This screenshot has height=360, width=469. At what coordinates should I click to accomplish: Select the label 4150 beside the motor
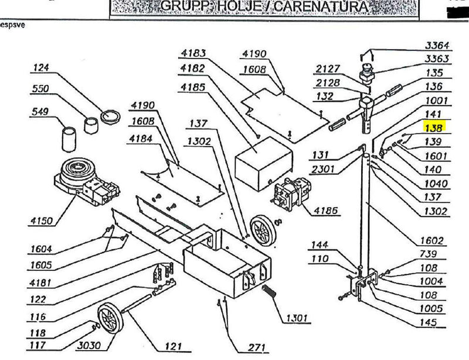pyautogui.click(x=40, y=221)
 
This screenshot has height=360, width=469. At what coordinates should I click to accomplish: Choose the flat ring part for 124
pyautogui.click(x=110, y=116)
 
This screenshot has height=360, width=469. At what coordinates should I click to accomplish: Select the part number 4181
pyautogui.click(x=41, y=284)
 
